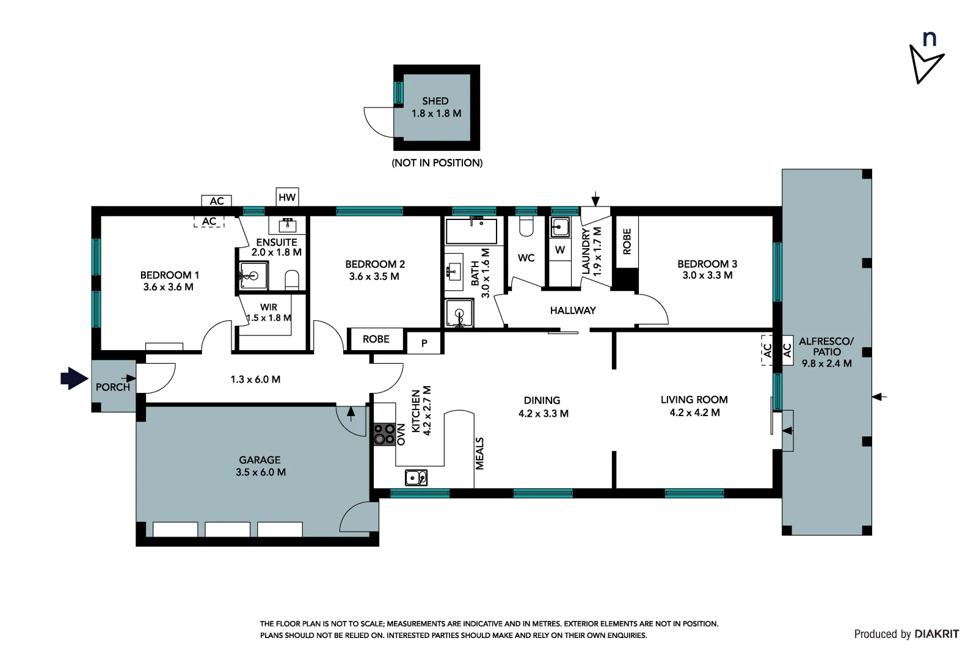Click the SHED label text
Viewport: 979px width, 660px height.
(x=435, y=101)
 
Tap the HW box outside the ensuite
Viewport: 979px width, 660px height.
(x=287, y=197)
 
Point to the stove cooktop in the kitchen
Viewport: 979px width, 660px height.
(x=384, y=435)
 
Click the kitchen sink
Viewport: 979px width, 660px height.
(x=416, y=477)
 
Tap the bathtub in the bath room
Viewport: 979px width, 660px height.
(x=470, y=232)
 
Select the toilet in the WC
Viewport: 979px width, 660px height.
(x=526, y=227)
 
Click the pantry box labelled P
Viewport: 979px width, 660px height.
(x=424, y=343)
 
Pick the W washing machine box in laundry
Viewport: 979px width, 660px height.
(x=560, y=249)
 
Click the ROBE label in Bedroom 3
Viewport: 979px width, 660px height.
(x=627, y=241)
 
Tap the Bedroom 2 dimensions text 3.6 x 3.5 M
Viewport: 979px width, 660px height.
(x=374, y=276)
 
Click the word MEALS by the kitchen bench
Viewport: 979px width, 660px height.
(x=479, y=453)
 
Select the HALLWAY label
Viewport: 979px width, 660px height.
(x=572, y=310)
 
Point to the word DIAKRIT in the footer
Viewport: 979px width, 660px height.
(x=936, y=634)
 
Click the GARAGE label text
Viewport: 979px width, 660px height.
(x=260, y=460)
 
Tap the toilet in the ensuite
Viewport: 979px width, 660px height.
(x=292, y=279)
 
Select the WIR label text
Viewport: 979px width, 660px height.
(x=269, y=307)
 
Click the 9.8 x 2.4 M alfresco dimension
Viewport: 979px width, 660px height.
(x=826, y=363)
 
